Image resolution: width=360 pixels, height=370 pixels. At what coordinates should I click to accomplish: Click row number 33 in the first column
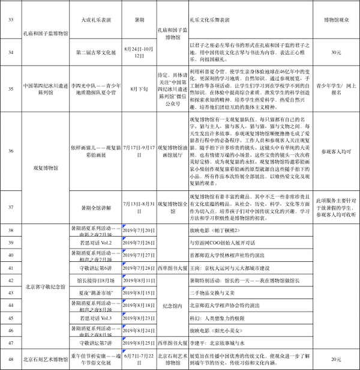point(10,20)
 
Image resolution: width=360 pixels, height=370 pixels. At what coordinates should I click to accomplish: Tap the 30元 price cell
point(336,52)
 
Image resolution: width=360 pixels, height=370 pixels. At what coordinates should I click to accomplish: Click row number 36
point(10,151)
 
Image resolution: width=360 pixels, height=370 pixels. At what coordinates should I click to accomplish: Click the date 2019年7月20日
point(140,230)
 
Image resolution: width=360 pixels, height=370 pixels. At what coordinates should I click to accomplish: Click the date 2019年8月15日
point(140,293)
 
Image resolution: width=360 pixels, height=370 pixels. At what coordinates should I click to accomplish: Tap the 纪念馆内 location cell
point(173,305)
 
